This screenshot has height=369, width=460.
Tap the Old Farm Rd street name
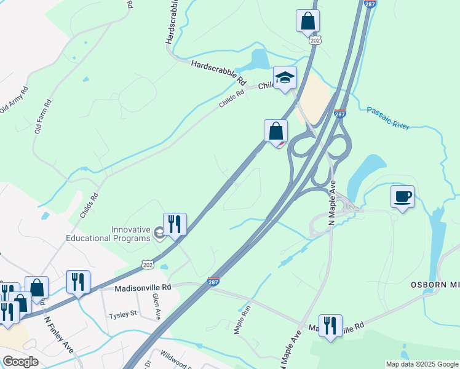[x=43, y=116]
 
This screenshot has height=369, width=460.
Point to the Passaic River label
[x=388, y=118]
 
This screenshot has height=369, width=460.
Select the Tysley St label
[x=122, y=315]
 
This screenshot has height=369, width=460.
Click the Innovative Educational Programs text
[x=130, y=234]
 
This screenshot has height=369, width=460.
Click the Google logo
[x=20, y=362]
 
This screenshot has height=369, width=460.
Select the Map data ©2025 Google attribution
[x=422, y=364]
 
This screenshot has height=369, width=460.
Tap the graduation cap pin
[x=285, y=77]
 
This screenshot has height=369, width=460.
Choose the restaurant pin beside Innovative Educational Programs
[x=175, y=224]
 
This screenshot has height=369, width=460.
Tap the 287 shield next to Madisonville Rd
[x=214, y=280]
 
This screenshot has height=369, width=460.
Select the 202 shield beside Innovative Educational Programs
[x=148, y=264]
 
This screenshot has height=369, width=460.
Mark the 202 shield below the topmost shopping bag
[x=315, y=41]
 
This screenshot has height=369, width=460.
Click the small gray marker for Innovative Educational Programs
[x=159, y=232]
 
